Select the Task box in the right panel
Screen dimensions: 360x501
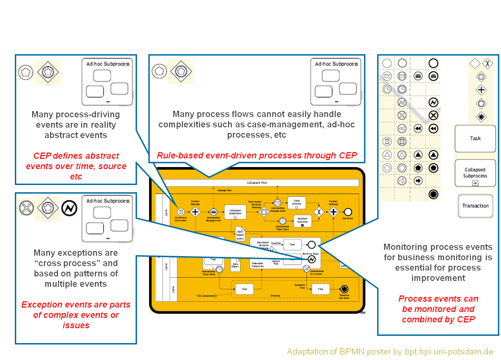coord(475,138)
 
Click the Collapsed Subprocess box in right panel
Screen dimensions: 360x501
coord(475,173)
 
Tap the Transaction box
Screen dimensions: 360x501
coord(475,206)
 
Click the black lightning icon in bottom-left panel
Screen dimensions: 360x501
coord(69,208)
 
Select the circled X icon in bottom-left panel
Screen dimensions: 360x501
coord(26,208)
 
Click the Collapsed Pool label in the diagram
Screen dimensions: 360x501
coord(257,183)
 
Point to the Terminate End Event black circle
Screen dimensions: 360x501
coord(344,289)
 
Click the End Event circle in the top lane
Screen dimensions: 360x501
coord(348,212)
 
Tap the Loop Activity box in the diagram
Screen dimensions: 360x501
coord(296,203)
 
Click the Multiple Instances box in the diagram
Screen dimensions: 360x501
coord(302,221)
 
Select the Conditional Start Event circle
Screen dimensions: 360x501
coord(180,212)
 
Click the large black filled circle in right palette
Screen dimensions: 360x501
coord(433,194)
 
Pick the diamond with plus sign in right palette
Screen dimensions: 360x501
coord(481,90)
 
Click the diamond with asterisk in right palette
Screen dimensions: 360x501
coord(481,117)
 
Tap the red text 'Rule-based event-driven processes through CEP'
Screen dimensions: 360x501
coord(257,156)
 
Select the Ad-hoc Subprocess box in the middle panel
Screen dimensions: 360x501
coord(336,82)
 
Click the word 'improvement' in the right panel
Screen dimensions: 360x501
coord(438,278)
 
